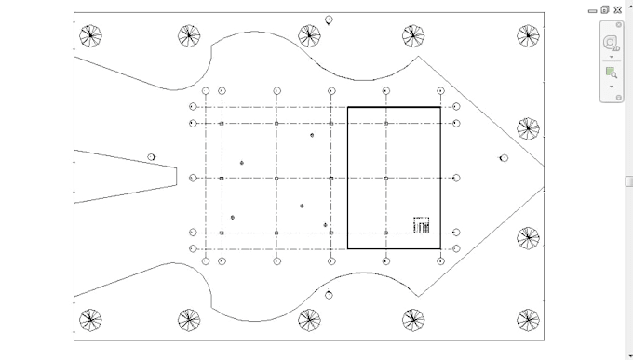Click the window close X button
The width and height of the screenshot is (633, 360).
pos(617,9)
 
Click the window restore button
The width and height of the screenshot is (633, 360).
pos(605,9)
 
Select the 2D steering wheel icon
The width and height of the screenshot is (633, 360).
pos(611,43)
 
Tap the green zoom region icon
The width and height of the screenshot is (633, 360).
pos(611,72)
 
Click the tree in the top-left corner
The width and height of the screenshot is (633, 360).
pos(89,36)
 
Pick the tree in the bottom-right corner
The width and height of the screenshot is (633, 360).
pos(528,320)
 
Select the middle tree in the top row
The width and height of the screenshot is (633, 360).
pos(309,36)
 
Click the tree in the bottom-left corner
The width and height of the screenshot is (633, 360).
pos(89,320)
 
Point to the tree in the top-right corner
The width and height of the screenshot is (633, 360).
pos(528,36)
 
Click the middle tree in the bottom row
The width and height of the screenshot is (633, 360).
pos(309,320)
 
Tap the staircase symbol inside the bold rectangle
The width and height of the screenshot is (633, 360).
pos(423,225)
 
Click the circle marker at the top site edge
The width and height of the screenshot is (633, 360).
pos(329,20)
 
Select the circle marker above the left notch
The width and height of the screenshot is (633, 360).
pos(152,157)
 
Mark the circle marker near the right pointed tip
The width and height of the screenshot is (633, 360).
pos(504,158)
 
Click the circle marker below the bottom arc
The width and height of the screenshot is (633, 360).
pos(329,295)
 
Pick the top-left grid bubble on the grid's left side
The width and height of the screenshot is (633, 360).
pos(193,106)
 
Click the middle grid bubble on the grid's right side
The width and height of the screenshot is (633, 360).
pos(456,178)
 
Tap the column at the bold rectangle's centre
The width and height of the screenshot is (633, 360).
pos(385,178)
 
